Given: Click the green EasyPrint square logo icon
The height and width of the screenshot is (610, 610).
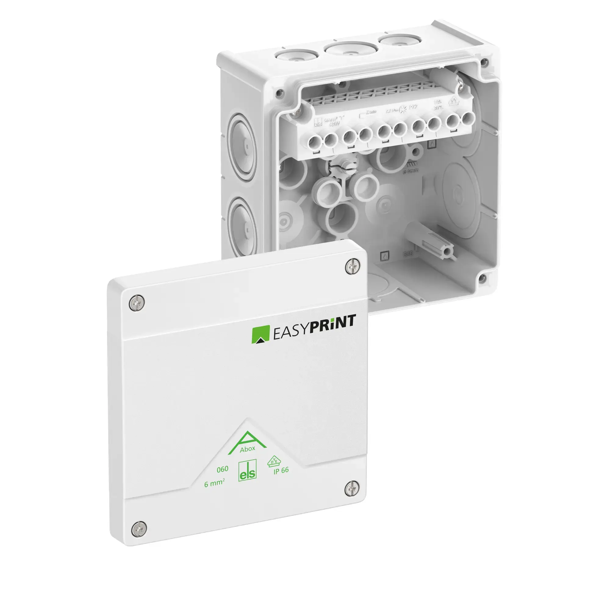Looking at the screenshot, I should coord(260,334).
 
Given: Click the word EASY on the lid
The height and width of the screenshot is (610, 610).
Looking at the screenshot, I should coord(290,332).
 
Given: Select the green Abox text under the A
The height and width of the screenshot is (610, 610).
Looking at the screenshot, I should coord(247,449).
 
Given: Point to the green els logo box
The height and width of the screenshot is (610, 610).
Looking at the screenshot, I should coord(247,470).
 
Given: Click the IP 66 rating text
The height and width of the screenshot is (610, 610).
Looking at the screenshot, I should coord(281,470).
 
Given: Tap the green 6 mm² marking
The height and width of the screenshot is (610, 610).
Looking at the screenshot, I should coord(214,483).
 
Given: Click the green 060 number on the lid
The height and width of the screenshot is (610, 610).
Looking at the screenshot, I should coord(222,469).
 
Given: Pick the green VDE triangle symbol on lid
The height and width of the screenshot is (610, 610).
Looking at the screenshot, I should coord(273,461).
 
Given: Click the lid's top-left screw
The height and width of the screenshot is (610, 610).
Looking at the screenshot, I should coord(137,303).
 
